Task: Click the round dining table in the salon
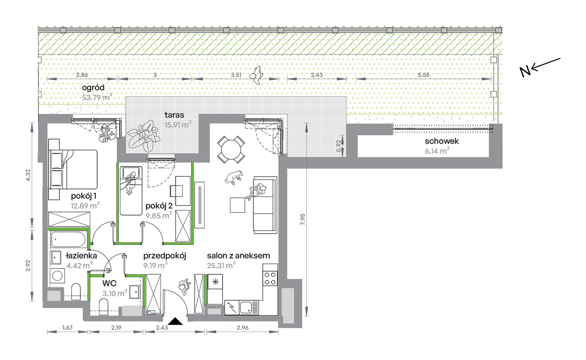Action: coord(231,150)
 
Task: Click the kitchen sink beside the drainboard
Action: coord(246,308)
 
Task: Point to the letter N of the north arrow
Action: coord(525,72)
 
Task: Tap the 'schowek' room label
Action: coord(442,141)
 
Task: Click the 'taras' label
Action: coord(174,115)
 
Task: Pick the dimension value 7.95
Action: coord(303,219)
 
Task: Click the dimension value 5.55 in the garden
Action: coord(423,75)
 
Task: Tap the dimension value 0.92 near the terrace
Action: coord(339,146)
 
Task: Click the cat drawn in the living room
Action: coord(233,177)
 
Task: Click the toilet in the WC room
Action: coord(104,308)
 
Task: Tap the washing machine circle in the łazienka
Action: coord(57,275)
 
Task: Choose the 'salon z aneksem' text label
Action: coord(238,255)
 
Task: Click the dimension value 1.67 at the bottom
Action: coord(67,328)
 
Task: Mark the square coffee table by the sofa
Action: coord(237,205)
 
